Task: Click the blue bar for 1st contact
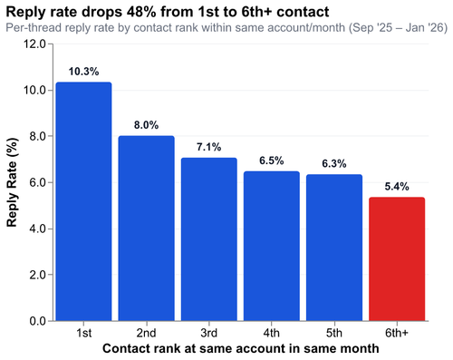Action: [x=83, y=201]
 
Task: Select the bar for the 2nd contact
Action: [x=146, y=229]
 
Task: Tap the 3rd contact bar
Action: [x=208, y=238]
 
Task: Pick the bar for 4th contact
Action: [x=271, y=246]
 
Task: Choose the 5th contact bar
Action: [x=333, y=248]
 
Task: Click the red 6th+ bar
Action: [x=397, y=258]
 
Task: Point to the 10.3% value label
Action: [x=83, y=70]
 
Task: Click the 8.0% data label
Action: [x=146, y=123]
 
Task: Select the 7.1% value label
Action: [x=208, y=145]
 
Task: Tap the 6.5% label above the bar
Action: [x=271, y=159]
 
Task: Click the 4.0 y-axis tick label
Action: [x=37, y=229]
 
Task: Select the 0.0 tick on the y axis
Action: [x=37, y=321]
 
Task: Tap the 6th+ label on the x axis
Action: [x=397, y=333]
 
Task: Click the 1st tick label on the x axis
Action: [x=83, y=333]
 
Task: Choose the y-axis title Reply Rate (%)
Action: [x=13, y=182]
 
